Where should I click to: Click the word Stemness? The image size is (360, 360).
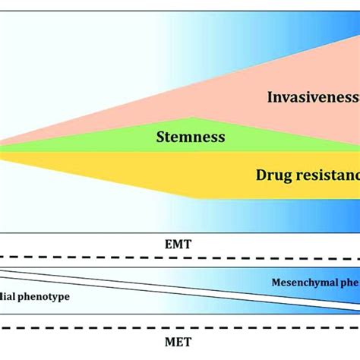coord(191,137)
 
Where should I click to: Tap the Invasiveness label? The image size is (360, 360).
coord(312,96)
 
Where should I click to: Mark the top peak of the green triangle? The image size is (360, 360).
coord(194,118)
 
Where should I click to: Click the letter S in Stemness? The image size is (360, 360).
coord(159,137)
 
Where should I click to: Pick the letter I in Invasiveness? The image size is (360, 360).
coord(270,96)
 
